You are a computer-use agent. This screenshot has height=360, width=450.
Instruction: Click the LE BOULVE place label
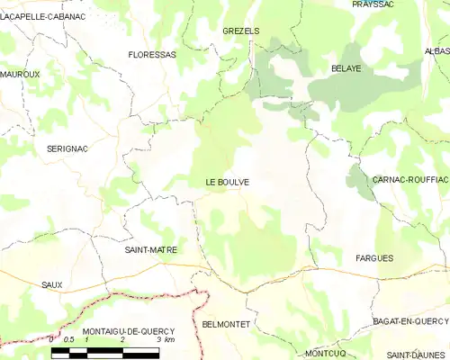pyautogui.click(x=227, y=183)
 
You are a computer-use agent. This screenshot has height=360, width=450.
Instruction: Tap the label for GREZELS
pyautogui.click(x=240, y=31)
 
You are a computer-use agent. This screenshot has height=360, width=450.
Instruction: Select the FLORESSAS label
pyautogui.click(x=152, y=54)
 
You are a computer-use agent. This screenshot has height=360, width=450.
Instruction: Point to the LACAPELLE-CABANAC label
pyautogui.click(x=37, y=15)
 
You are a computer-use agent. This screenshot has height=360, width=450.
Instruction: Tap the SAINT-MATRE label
pyautogui.click(x=150, y=249)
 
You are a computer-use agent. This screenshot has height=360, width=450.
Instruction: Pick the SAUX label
pyautogui.click(x=51, y=284)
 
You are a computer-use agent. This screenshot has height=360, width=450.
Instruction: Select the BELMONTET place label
pyautogui.click(x=226, y=322)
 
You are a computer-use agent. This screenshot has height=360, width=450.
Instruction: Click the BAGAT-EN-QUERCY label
pyautogui.click(x=409, y=321)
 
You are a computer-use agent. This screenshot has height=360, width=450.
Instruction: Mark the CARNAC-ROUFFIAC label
pyautogui.click(x=409, y=180)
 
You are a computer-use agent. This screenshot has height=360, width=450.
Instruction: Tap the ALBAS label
pyautogui.click(x=437, y=51)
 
